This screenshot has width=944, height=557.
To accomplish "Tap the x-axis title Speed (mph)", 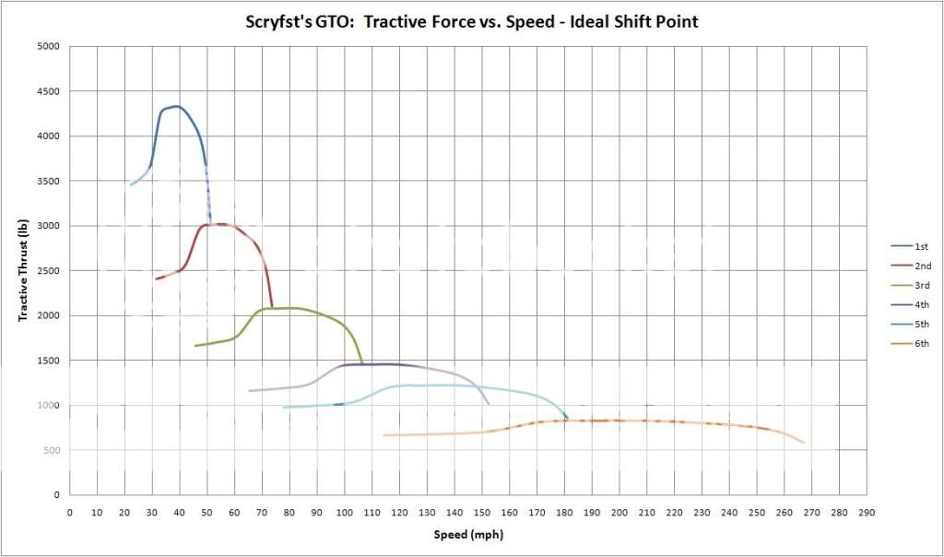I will point(468,535).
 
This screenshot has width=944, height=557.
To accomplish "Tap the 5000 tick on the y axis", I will point(48,46).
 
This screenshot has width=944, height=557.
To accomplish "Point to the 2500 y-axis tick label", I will point(48,270).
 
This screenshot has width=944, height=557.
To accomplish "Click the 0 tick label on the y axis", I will point(56,495).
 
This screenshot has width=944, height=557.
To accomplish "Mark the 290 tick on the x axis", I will point(866,512).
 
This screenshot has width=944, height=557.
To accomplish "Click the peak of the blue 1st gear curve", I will point(176,106).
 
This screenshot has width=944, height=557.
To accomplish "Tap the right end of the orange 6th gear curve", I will point(804,443).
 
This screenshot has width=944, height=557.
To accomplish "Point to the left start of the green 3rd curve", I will point(195,346).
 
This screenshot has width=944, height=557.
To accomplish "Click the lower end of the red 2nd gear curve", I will point(272,306).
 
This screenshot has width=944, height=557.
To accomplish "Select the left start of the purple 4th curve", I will point(249,391).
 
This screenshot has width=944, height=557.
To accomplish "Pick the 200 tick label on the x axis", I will point(619,512).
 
